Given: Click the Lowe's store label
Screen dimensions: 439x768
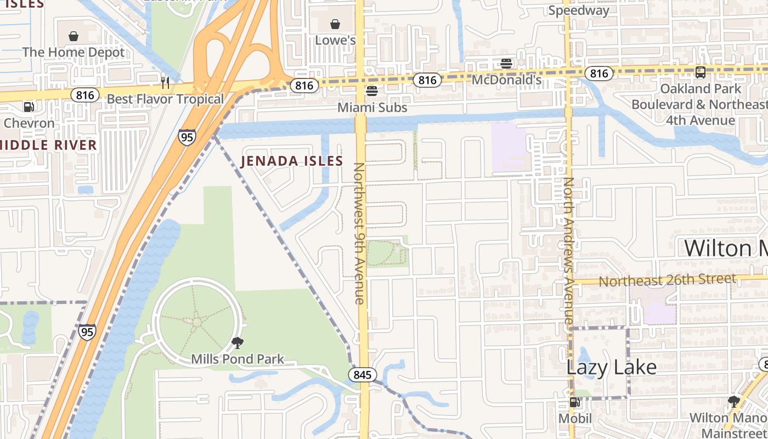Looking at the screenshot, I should (335, 41).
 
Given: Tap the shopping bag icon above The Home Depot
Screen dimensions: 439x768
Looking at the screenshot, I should (74, 36).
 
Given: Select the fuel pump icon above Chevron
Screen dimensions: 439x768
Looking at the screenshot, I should (29, 106).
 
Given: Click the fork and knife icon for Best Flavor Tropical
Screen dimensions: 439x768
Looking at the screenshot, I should (165, 82).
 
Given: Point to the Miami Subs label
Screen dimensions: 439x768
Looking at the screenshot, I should (372, 108).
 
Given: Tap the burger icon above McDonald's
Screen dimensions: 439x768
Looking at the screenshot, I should (506, 63).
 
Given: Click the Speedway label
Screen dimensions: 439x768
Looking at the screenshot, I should (578, 10).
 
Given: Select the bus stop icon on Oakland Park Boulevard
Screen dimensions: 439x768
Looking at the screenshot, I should (700, 72).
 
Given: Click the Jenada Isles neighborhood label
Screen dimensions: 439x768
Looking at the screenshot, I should (291, 161).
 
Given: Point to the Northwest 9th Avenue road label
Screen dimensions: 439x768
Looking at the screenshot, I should (359, 233).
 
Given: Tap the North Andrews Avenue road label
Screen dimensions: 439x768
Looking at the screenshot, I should (568, 250).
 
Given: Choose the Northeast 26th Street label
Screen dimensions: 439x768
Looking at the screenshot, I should (667, 280).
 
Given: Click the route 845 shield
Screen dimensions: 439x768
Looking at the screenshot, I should (362, 375).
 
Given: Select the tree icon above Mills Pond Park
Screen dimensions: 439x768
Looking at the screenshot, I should (238, 343).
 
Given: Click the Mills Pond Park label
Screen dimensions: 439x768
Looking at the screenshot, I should (238, 359).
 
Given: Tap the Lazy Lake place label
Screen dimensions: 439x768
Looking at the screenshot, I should (611, 367).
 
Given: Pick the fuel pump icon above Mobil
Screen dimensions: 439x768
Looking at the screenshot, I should (574, 402).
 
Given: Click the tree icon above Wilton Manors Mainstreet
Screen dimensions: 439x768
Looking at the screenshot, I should (733, 401).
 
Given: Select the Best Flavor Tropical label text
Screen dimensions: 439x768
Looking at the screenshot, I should (165, 99).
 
